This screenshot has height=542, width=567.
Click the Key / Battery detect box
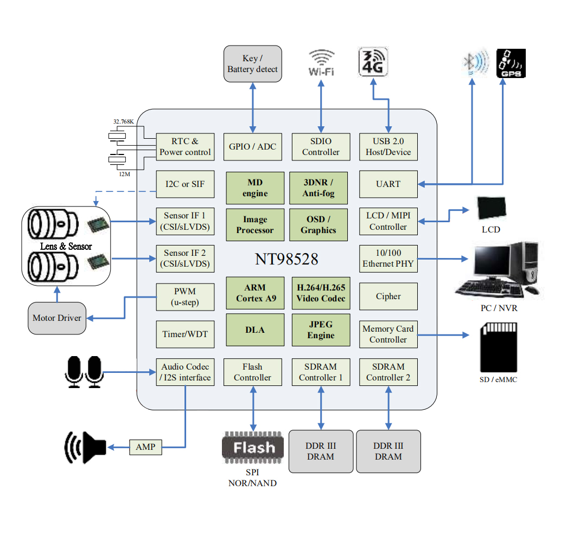coord(253,64)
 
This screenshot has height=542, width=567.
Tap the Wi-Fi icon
coord(321,62)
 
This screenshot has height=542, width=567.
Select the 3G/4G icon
coord(373,61)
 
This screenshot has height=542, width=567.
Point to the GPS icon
coord(511,63)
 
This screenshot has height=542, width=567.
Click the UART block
coord(388,184)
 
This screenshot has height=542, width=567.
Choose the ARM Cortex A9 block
coord(255,293)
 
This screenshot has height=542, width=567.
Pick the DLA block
coord(255,330)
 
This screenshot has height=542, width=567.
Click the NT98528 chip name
coord(286,259)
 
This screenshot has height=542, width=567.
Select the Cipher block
coord(388,296)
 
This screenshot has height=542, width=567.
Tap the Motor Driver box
coord(57,318)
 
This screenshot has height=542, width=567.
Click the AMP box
coord(145,447)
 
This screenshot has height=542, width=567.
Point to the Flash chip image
coord(253,448)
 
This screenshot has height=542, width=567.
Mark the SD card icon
coord(499,347)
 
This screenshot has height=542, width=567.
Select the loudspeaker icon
coord(85,447)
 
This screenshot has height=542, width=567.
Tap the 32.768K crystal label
coord(124,121)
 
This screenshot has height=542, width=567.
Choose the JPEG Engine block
coord(321,330)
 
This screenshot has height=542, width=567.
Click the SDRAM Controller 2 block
coord(388,372)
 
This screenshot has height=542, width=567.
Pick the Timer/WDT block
coord(185,334)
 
